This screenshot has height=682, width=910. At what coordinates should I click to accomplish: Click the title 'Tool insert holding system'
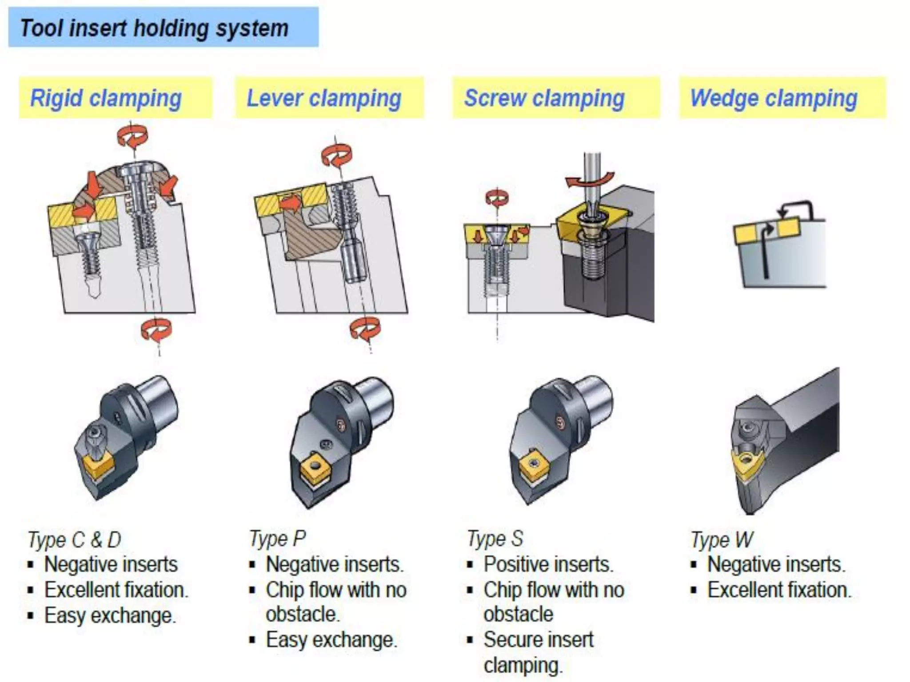click(154, 28)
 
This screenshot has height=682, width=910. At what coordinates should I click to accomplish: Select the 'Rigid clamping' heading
click(106, 98)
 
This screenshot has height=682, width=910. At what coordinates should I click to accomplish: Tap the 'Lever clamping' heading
click(324, 98)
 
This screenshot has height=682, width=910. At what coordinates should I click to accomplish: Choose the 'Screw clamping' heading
click(544, 98)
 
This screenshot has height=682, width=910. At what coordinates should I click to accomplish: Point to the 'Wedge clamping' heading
click(774, 98)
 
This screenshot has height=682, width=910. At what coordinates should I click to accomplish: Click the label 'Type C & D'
click(74, 539)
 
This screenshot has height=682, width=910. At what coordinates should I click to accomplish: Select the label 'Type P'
click(277, 539)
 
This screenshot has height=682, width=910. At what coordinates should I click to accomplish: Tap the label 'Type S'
click(495, 539)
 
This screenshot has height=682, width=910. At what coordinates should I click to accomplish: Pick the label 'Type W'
click(722, 540)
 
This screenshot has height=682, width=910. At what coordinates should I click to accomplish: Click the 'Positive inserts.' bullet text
click(548, 564)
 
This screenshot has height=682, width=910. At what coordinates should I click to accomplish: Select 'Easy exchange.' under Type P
click(331, 640)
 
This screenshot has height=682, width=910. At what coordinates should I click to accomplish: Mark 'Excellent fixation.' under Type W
click(779, 590)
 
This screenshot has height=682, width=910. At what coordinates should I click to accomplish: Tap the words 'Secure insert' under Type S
click(538, 640)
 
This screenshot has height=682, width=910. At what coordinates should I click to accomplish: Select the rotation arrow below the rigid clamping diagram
click(156, 330)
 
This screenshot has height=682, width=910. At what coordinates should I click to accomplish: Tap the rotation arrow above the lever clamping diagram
click(336, 155)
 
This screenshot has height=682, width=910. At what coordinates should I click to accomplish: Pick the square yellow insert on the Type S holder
click(533, 464)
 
